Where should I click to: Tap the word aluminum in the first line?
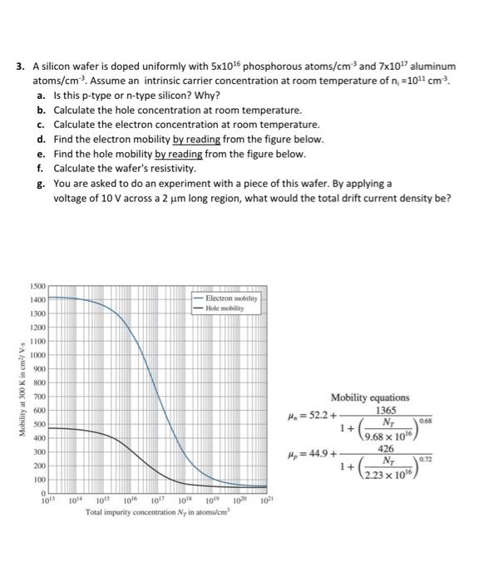coord(431,66)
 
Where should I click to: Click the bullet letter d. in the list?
coord(41,140)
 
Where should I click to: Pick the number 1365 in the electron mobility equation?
coord(385,411)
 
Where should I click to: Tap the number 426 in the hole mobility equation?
coord(385,451)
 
